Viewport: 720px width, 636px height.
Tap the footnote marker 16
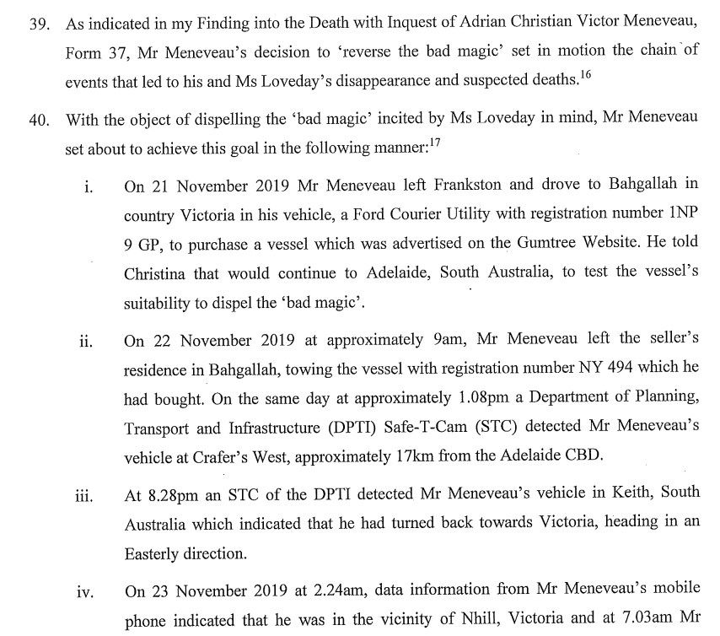586,77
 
